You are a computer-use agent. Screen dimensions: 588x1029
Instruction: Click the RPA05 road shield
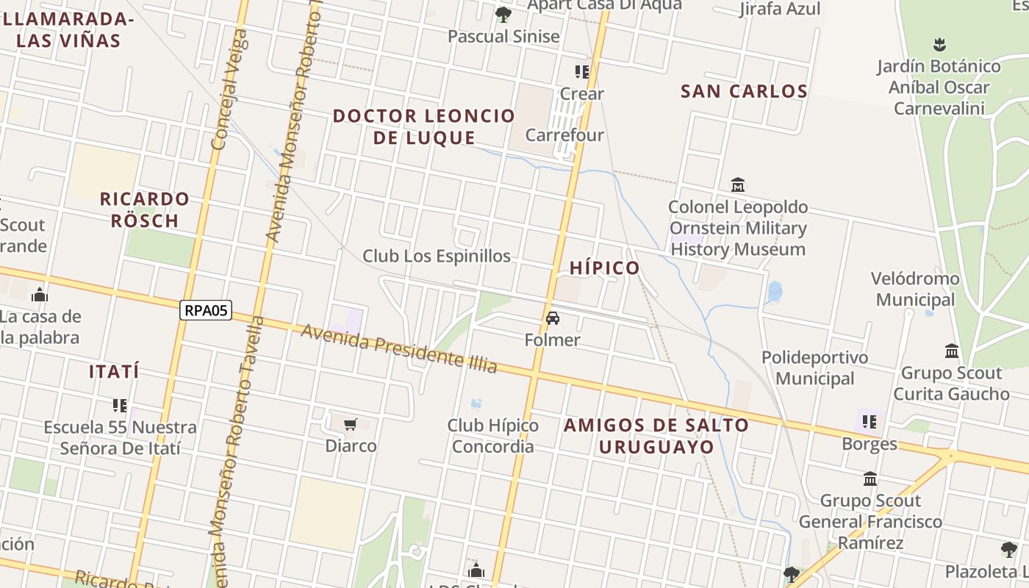(x=206, y=310)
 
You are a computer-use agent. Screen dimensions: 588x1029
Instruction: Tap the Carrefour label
(x=564, y=135)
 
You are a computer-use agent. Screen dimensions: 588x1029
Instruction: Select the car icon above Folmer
(x=553, y=318)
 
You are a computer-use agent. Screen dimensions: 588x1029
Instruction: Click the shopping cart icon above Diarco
(x=351, y=424)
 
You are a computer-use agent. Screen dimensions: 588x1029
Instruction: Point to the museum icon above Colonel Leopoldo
(x=738, y=184)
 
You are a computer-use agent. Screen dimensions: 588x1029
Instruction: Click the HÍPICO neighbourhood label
(x=605, y=268)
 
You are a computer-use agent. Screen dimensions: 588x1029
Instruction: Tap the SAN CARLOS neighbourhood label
(x=744, y=92)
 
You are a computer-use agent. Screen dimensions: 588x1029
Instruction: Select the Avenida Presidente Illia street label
(x=399, y=348)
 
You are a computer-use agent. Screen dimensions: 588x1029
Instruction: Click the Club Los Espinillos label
(x=437, y=256)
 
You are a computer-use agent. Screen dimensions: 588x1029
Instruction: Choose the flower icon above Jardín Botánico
(x=939, y=44)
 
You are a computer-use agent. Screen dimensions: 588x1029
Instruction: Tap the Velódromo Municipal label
(x=915, y=289)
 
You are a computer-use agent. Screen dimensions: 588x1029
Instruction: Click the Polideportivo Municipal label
(x=814, y=367)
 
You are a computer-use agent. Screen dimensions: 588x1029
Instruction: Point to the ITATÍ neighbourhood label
(x=114, y=372)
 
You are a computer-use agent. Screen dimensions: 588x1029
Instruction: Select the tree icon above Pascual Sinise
(x=503, y=14)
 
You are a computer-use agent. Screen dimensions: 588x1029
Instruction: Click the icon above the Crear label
(x=582, y=72)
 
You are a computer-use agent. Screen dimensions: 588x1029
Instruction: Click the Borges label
(x=870, y=444)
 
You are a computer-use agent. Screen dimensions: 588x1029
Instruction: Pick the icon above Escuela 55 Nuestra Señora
(x=120, y=405)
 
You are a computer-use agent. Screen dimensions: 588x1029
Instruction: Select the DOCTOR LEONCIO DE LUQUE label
(x=424, y=126)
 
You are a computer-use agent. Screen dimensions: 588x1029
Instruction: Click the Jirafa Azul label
(x=780, y=9)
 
